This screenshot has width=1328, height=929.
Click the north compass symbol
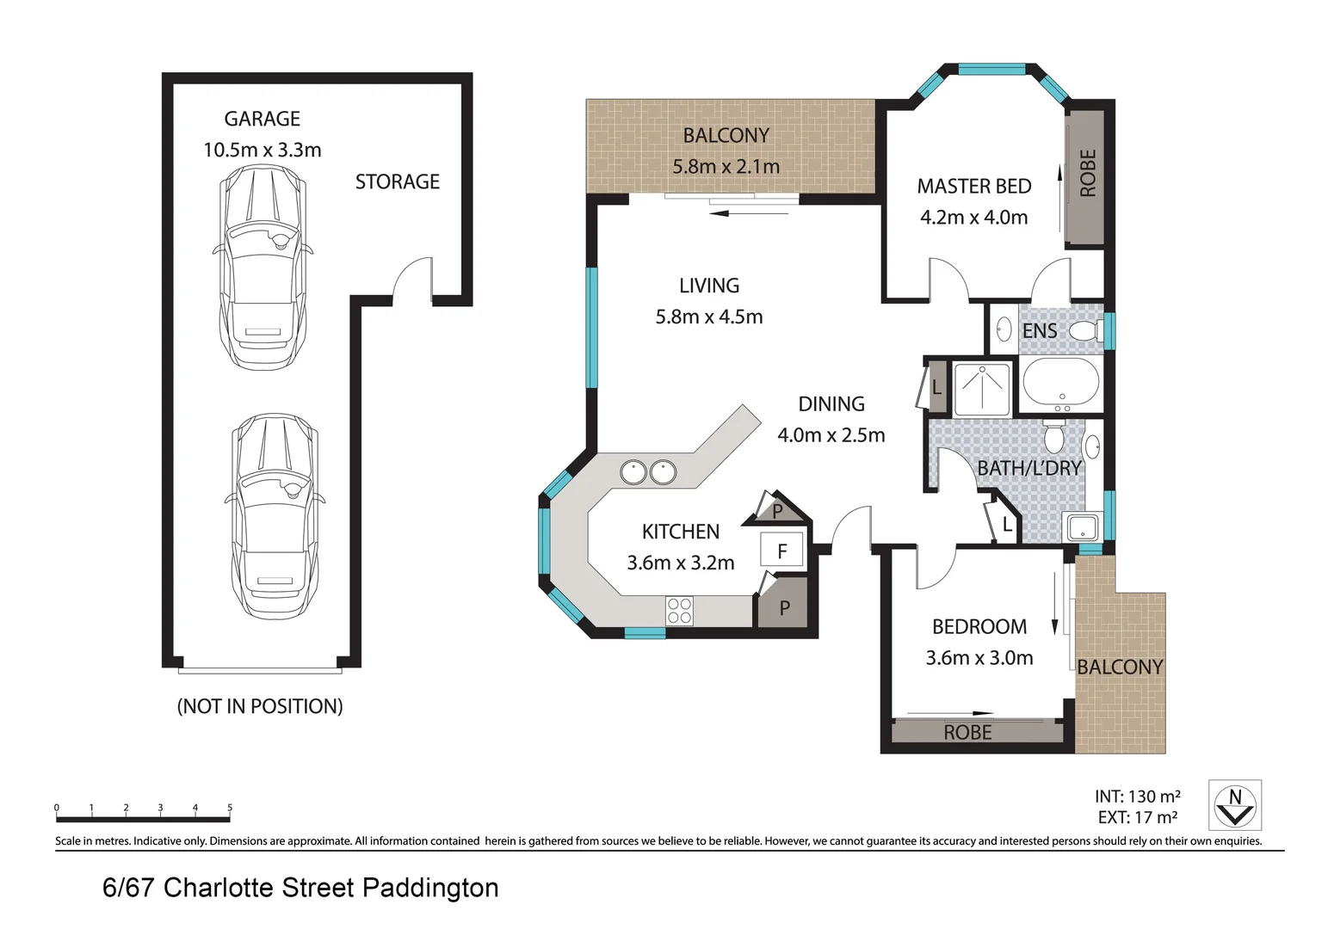[1234, 805]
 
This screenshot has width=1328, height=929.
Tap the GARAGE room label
[262, 119]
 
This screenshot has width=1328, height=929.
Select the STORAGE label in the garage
[397, 181]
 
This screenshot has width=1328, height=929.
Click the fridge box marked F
[781, 551]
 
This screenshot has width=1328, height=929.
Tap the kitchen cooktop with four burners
[679, 611]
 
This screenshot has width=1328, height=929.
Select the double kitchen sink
[648, 472]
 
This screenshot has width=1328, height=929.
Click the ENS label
[1039, 331]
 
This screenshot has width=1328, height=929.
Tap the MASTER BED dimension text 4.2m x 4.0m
[973, 218]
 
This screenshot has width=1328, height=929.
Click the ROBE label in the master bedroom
[1087, 173]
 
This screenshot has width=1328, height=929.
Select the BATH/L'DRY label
[1028, 469]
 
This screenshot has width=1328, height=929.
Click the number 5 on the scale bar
[230, 808]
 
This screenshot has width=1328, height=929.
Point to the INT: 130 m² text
[1137, 797]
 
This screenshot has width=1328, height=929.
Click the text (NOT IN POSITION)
[260, 706]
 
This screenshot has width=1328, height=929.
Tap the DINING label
[831, 404]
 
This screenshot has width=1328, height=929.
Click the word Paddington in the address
[430, 888]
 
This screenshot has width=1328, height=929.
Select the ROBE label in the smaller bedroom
[967, 733]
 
